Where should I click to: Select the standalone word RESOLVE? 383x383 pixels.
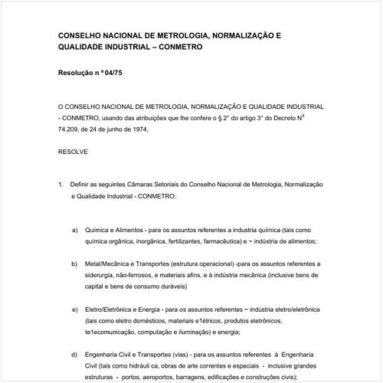click(x=73, y=152)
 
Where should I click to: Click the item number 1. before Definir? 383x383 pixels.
click(x=61, y=185)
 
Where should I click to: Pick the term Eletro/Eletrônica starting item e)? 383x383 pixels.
click(x=113, y=309)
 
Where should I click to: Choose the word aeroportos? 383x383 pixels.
click(x=162, y=378)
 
